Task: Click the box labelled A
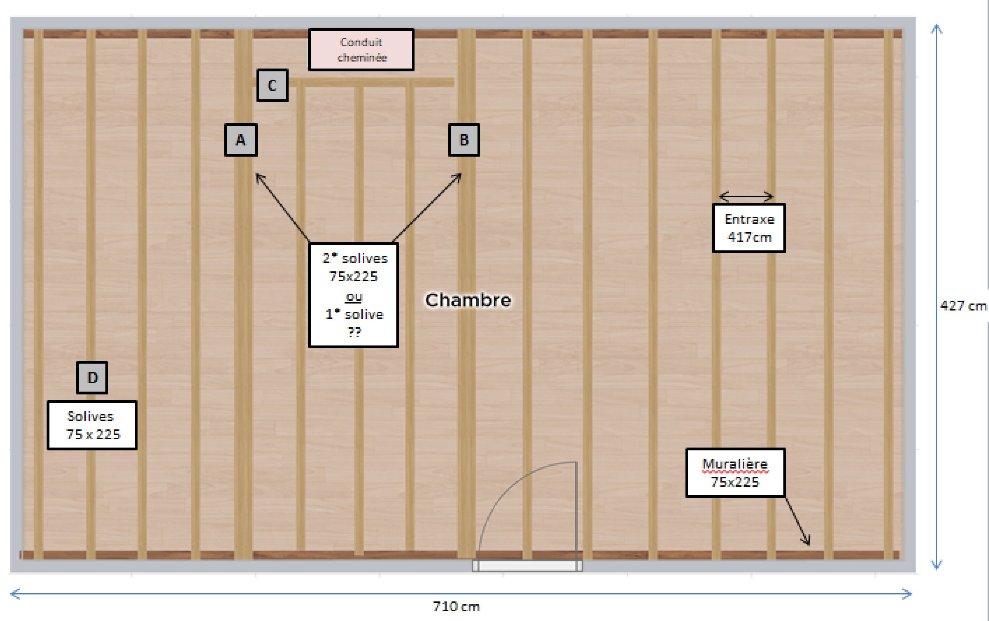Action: (x=241, y=140)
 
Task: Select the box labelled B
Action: (x=464, y=140)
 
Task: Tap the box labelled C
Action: (x=272, y=85)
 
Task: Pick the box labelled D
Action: (x=92, y=378)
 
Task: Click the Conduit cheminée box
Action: (x=361, y=50)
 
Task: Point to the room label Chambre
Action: (x=468, y=300)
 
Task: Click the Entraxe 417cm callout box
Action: (x=749, y=228)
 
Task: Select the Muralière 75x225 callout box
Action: (x=735, y=473)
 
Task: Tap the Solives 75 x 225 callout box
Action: (x=92, y=425)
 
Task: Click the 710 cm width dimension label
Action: (x=456, y=606)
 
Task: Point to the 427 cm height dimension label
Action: (x=963, y=306)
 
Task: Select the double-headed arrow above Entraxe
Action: (x=746, y=196)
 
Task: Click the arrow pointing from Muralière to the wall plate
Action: (x=797, y=521)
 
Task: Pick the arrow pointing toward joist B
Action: (x=427, y=208)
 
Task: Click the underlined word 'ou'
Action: (x=354, y=297)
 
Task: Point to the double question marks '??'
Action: (x=354, y=332)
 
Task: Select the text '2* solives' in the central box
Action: (x=355, y=258)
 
